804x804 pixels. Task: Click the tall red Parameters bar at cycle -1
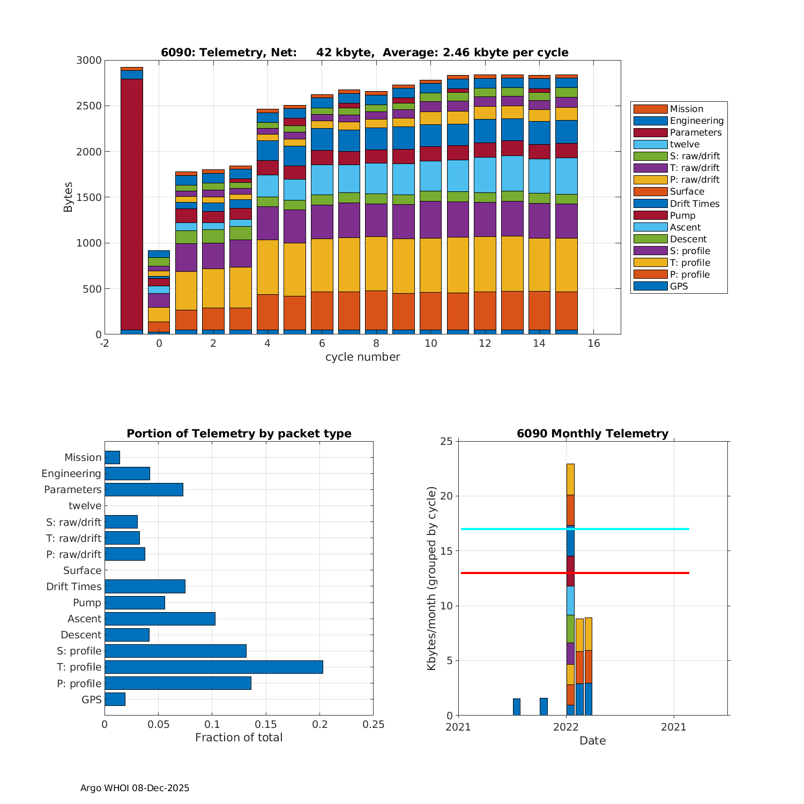(131, 204)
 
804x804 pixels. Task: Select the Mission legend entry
(686, 109)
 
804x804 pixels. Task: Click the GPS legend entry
(679, 286)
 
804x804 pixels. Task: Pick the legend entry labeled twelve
(684, 144)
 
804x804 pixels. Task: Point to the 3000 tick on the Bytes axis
(89, 61)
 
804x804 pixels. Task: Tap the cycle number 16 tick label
(593, 344)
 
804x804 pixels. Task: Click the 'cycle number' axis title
(362, 357)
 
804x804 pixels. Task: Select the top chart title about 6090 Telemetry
(364, 53)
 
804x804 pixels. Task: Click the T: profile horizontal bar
(213, 667)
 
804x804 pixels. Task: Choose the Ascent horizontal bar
(160, 619)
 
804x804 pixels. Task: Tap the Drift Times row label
(73, 586)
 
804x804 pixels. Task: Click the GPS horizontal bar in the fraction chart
(115, 699)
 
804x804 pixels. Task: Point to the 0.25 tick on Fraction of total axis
(374, 725)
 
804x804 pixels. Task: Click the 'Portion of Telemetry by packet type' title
(239, 434)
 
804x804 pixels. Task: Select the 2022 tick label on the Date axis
(566, 727)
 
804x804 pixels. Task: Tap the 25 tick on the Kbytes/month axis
(446, 442)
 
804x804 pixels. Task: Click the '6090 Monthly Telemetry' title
(592, 434)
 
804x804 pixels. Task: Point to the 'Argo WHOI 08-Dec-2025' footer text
(135, 788)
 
